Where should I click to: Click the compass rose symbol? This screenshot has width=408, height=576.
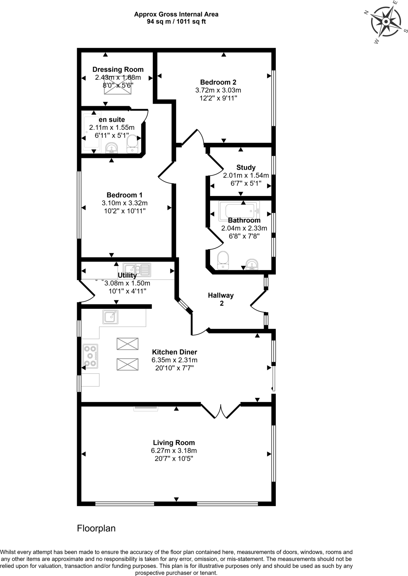point(386,22)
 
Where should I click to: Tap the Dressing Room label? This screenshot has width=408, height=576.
point(118,69)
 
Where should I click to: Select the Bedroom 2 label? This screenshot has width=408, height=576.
point(218,82)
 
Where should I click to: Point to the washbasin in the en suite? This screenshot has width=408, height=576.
point(112,148)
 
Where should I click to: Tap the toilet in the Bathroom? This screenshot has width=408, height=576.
point(223,260)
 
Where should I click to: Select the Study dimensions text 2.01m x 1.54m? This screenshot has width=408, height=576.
point(246,175)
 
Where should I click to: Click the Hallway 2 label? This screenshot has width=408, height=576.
point(221,299)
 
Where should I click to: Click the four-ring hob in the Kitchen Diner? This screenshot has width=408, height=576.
point(90,356)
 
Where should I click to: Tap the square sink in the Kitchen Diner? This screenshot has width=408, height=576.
point(110,317)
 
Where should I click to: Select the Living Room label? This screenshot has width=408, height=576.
point(174,443)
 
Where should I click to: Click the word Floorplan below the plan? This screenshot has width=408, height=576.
point(96,528)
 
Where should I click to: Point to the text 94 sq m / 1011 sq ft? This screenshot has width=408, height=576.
point(176,22)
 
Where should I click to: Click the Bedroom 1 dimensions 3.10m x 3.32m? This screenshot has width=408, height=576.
point(125,203)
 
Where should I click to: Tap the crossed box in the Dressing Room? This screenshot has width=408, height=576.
point(118,85)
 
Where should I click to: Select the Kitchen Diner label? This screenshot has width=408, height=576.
point(175,352)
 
